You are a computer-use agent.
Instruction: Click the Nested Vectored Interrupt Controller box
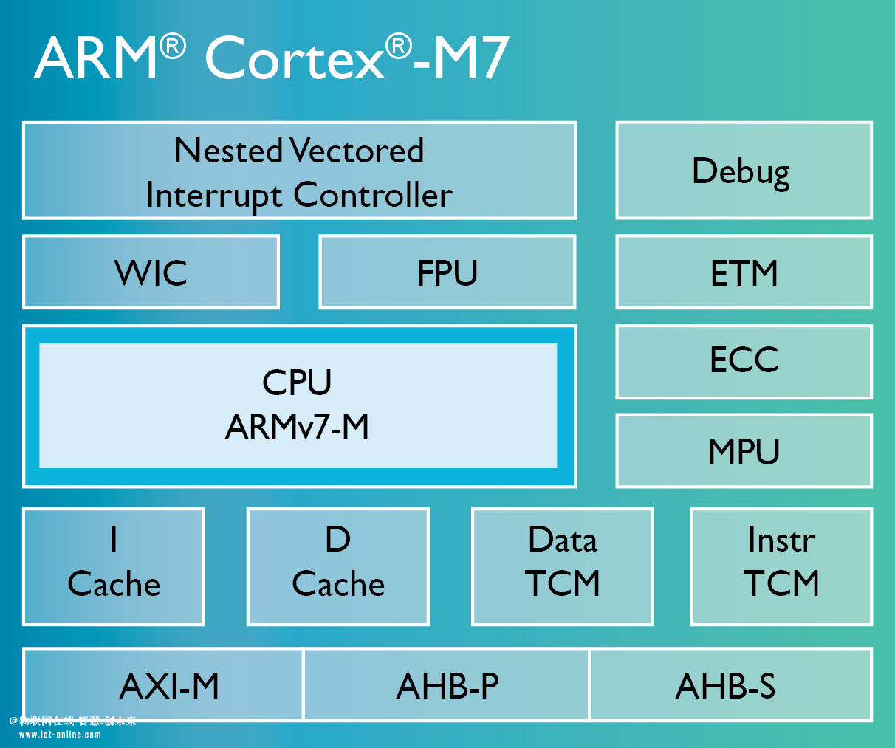click(299, 171)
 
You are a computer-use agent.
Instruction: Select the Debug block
click(744, 171)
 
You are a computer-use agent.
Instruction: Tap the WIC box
click(151, 272)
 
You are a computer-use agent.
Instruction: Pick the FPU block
click(447, 272)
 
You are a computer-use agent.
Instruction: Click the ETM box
click(744, 272)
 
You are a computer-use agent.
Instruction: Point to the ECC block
click(744, 362)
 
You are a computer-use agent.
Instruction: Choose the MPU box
click(744, 450)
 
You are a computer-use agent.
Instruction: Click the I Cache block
click(114, 566)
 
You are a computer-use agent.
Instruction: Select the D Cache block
click(337, 566)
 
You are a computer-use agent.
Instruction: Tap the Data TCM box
click(563, 566)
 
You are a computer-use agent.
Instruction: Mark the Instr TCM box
click(781, 566)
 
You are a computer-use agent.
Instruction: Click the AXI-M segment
click(163, 685)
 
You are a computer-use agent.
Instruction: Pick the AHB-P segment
click(447, 685)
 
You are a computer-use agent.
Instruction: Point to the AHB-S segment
click(731, 685)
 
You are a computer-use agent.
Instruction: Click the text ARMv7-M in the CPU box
click(297, 427)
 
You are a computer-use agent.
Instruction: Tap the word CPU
click(297, 382)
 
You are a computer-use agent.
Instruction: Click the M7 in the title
click(472, 58)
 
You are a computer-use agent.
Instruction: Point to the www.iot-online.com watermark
click(60, 735)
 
